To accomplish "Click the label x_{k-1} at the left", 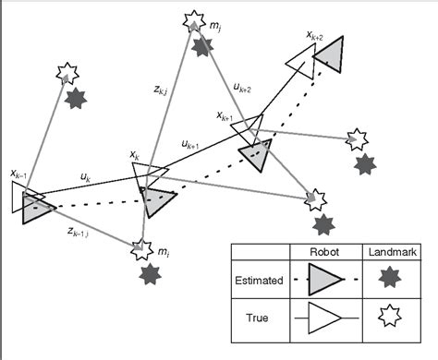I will click(x=18, y=173).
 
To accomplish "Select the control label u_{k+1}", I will click(x=191, y=144).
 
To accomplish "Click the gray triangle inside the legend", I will click(x=323, y=279).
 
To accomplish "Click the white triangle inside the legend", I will click(x=323, y=318).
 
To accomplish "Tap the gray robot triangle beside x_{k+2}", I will click(x=330, y=55).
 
